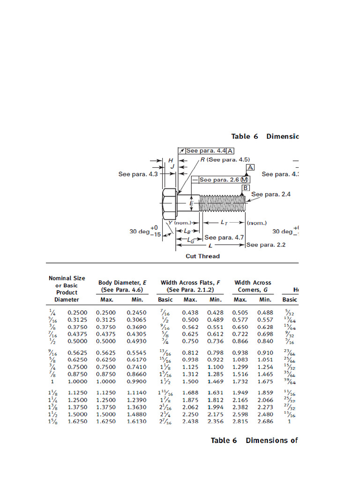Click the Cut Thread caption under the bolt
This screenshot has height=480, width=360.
click(x=202, y=256)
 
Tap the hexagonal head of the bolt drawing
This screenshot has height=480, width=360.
click(x=169, y=204)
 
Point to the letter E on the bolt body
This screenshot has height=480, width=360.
click(x=191, y=204)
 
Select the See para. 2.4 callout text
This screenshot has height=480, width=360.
click(x=271, y=194)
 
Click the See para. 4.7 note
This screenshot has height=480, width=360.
click(x=224, y=238)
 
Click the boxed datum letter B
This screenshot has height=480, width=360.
click(x=245, y=188)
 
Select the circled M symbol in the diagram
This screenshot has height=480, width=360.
click(x=244, y=180)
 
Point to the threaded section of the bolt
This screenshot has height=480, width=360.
click(x=223, y=204)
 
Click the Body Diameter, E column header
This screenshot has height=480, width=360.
click(x=122, y=286)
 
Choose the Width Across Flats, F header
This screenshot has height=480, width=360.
click(x=190, y=286)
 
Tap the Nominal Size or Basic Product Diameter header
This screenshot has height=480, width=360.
click(x=67, y=289)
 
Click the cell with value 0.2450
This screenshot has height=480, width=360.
click(x=136, y=312)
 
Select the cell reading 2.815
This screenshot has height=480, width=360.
click(x=240, y=421)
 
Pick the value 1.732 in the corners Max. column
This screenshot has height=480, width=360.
click(x=240, y=381)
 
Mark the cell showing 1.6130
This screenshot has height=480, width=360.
click(x=136, y=421)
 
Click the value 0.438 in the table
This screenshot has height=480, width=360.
click(x=190, y=312)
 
